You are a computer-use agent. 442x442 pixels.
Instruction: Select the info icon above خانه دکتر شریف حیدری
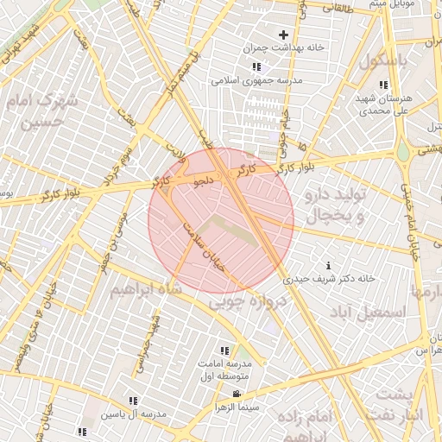327,265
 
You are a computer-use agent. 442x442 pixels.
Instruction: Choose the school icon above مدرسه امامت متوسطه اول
224,350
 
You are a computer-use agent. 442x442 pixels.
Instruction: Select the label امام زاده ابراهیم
306,425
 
